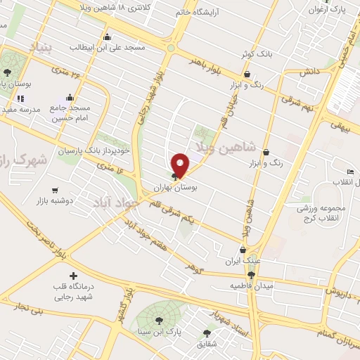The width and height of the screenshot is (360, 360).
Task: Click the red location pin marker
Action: tap(181, 165)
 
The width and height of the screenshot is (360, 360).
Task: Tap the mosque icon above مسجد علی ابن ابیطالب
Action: tap(107, 37)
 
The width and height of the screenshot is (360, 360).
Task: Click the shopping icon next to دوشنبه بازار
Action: tap(54, 190)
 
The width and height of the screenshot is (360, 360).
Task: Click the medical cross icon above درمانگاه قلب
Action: tap(73, 275)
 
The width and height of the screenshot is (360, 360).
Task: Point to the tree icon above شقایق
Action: tap(207, 333)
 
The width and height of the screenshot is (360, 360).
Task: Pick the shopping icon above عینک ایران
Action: tap(243, 249)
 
